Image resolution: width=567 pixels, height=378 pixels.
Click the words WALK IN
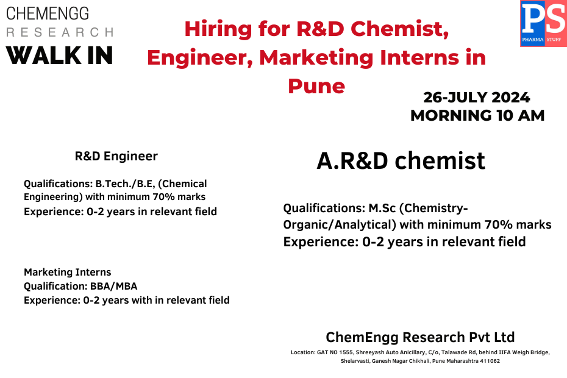[x=60, y=55]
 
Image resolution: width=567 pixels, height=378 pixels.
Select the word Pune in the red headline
[x=316, y=85]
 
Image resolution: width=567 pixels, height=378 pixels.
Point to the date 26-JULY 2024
[x=477, y=98]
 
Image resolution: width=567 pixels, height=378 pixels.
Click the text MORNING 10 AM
[x=477, y=115]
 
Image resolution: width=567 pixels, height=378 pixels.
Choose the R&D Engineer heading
[x=116, y=156]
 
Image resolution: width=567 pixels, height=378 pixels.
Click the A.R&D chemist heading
[x=401, y=160]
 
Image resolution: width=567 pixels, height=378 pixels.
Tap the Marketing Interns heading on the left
[x=67, y=272]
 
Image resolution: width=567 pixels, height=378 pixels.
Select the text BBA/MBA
[x=115, y=286]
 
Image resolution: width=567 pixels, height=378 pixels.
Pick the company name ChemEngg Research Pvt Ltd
[x=420, y=337]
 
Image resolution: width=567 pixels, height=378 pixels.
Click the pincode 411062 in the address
[x=489, y=361]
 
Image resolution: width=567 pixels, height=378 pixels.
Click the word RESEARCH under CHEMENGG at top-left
[x=59, y=32]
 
